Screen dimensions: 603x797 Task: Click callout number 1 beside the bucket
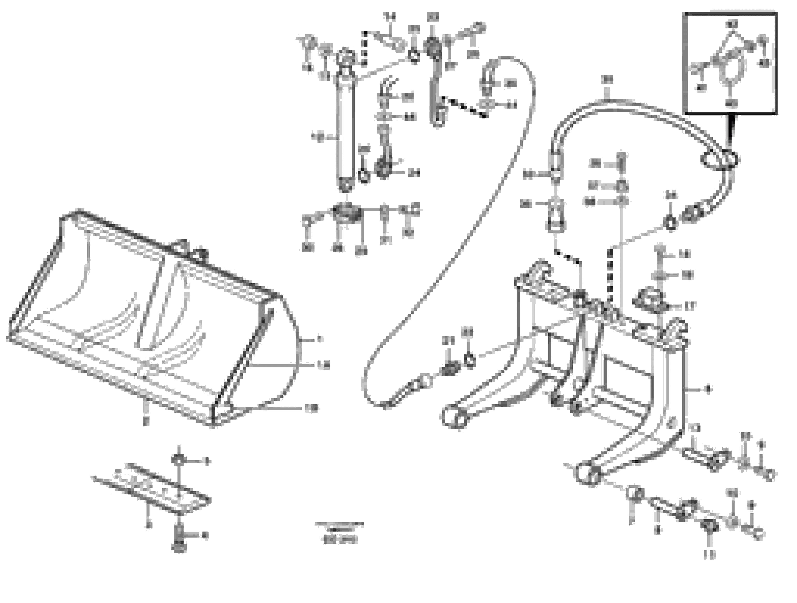[x=319, y=339]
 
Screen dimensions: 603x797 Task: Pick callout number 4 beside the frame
[x=708, y=389]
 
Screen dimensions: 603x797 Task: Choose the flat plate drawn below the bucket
[x=151, y=488]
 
